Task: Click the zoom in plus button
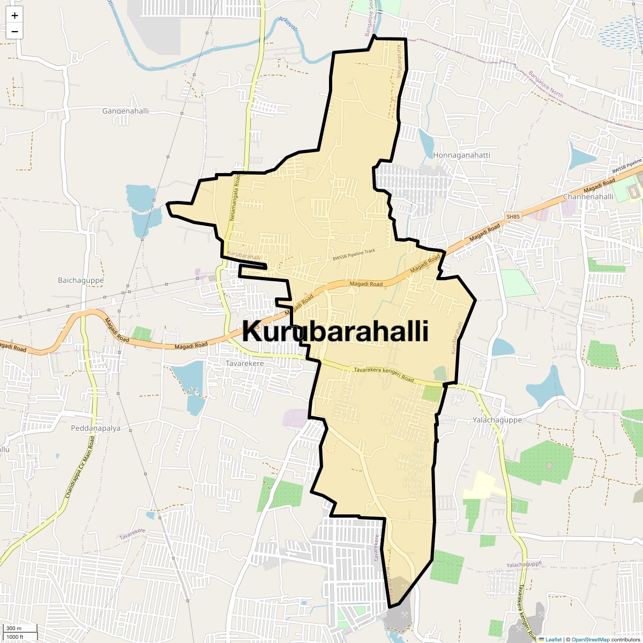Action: click(x=14, y=16)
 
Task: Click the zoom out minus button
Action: click(x=14, y=32)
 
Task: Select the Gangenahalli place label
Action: click(x=125, y=111)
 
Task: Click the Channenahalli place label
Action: click(x=588, y=197)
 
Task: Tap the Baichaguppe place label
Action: click(x=81, y=280)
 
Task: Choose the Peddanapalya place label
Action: click(x=96, y=428)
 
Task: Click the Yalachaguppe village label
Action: click(x=497, y=420)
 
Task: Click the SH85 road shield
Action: click(x=513, y=216)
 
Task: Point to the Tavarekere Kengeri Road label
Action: click(x=384, y=374)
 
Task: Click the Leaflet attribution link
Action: click(x=554, y=639)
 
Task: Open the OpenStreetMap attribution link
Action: click(x=590, y=639)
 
